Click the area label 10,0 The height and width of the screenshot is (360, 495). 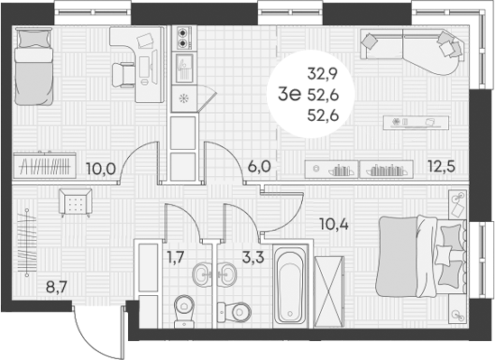click(99, 168)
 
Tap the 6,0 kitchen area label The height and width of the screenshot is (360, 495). click(259, 168)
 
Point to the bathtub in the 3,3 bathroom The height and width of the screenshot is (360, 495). click(288, 284)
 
